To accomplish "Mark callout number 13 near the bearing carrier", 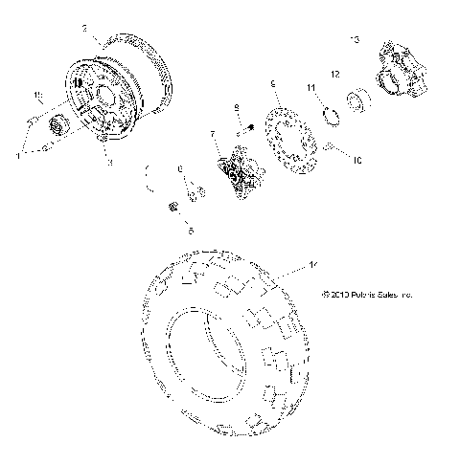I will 356,38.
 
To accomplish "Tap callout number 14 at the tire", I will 309,261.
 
